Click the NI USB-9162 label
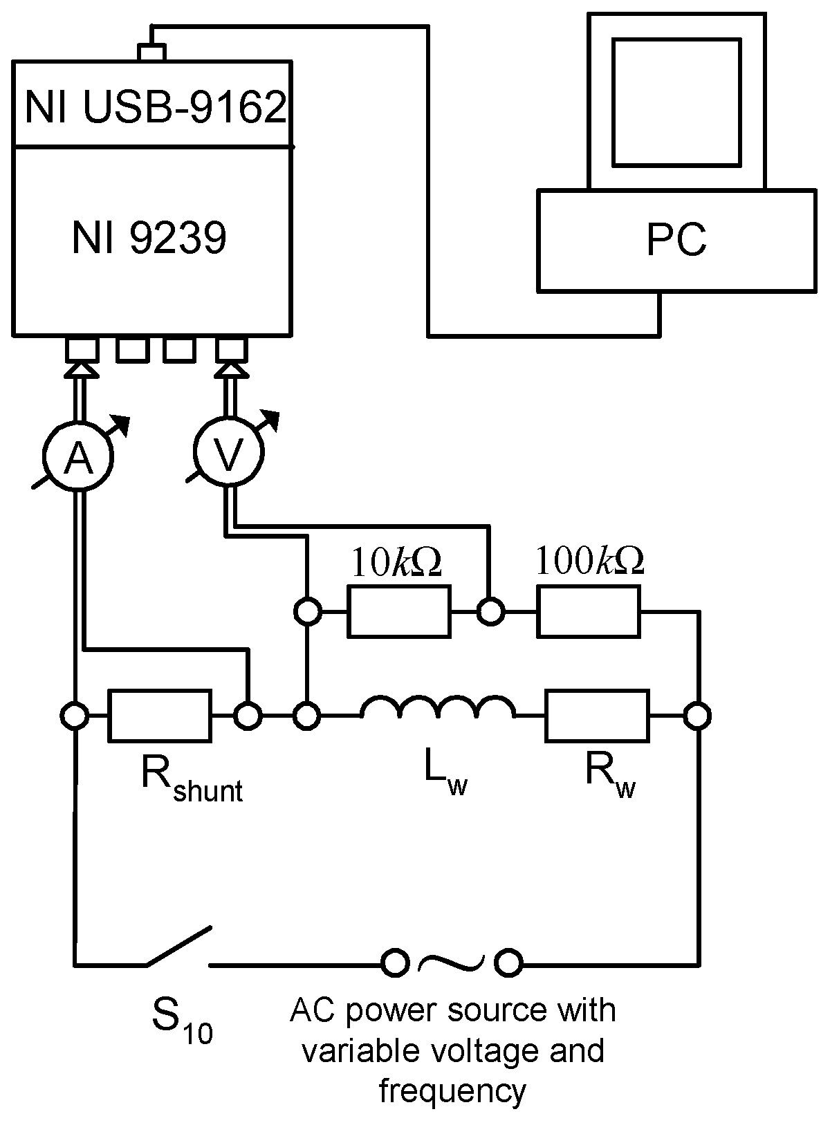click(x=155, y=107)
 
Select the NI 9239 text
click(x=149, y=239)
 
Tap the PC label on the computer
click(x=676, y=240)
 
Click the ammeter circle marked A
click(x=77, y=456)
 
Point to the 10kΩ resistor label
click(x=396, y=564)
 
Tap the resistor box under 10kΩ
click(x=398, y=611)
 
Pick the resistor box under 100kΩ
click(x=589, y=611)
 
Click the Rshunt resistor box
click(x=160, y=716)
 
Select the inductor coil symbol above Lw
click(x=438, y=711)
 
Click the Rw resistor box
click(x=598, y=716)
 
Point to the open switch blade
click(x=178, y=946)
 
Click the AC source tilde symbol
click(x=452, y=961)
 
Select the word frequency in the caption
click(x=452, y=1090)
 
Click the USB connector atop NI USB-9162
click(x=151, y=53)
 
